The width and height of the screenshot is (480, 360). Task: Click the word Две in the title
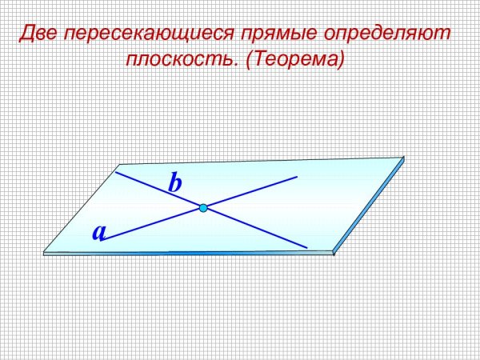tap(38, 34)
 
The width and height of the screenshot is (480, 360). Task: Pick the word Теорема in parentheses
tap(293, 60)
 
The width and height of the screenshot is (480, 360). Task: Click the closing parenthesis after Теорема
tap(340, 60)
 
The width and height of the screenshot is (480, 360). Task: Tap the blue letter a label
tap(99, 232)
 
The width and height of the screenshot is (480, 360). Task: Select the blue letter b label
tap(175, 183)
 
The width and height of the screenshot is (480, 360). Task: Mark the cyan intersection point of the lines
tap(203, 208)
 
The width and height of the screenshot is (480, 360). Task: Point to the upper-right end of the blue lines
tap(297, 176)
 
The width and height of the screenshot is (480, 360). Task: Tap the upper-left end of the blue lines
tap(116, 171)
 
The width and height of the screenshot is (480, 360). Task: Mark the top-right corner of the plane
tap(403, 158)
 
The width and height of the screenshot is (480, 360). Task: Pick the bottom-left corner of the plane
tap(43, 252)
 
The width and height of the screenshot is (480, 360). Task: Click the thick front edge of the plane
tap(188, 254)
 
